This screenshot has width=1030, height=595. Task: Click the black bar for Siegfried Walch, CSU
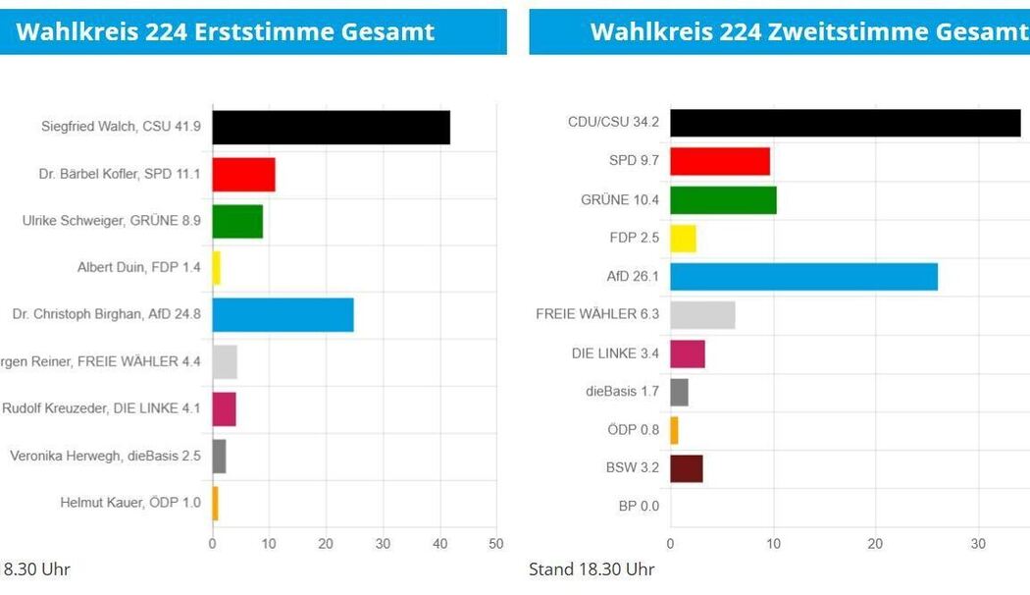click(331, 128)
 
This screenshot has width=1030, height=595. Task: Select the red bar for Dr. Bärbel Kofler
click(243, 175)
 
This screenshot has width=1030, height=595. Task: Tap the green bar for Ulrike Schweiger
click(237, 222)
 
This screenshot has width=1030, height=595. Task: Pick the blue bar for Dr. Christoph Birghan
click(283, 315)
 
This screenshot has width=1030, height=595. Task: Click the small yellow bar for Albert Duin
click(217, 268)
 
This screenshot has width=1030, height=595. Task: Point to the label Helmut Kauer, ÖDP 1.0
click(130, 503)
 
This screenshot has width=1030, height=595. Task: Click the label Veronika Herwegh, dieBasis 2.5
click(105, 456)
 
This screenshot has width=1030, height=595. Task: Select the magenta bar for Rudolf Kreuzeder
click(224, 408)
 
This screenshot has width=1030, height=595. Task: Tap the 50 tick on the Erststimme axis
click(496, 544)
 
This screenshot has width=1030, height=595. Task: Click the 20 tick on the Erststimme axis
click(326, 544)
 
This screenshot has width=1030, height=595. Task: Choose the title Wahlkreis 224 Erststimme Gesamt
click(226, 31)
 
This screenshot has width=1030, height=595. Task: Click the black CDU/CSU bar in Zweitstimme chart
click(845, 123)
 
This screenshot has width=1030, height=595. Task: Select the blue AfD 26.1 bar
click(803, 277)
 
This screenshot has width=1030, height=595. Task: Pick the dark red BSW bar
click(686, 469)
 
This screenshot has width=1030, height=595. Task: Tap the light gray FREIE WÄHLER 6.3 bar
click(702, 315)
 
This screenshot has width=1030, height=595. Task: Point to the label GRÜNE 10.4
click(620, 200)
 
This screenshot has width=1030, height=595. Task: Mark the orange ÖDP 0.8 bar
click(674, 430)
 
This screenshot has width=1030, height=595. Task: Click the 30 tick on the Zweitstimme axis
click(978, 544)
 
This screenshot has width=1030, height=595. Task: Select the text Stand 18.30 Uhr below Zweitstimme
click(592, 569)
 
